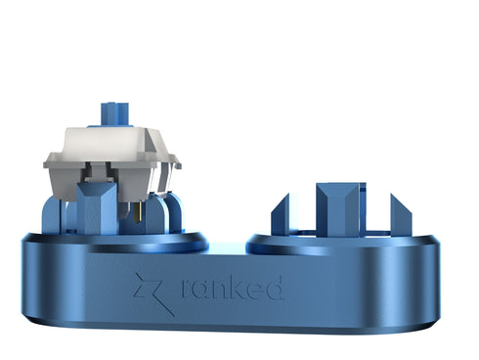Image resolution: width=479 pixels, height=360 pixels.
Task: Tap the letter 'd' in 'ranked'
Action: [276, 287]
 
